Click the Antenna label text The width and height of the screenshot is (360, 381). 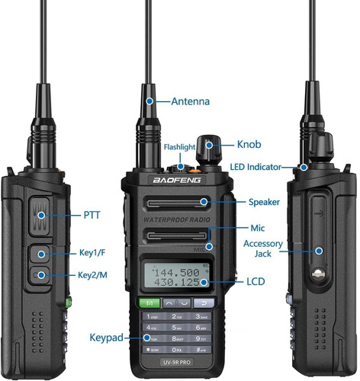click(x=191, y=101)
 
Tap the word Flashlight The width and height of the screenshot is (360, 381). click(x=182, y=147)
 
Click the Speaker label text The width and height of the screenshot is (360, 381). click(x=265, y=202)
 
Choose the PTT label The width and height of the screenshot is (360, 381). click(x=90, y=216)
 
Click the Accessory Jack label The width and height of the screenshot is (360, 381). click(x=262, y=249)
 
